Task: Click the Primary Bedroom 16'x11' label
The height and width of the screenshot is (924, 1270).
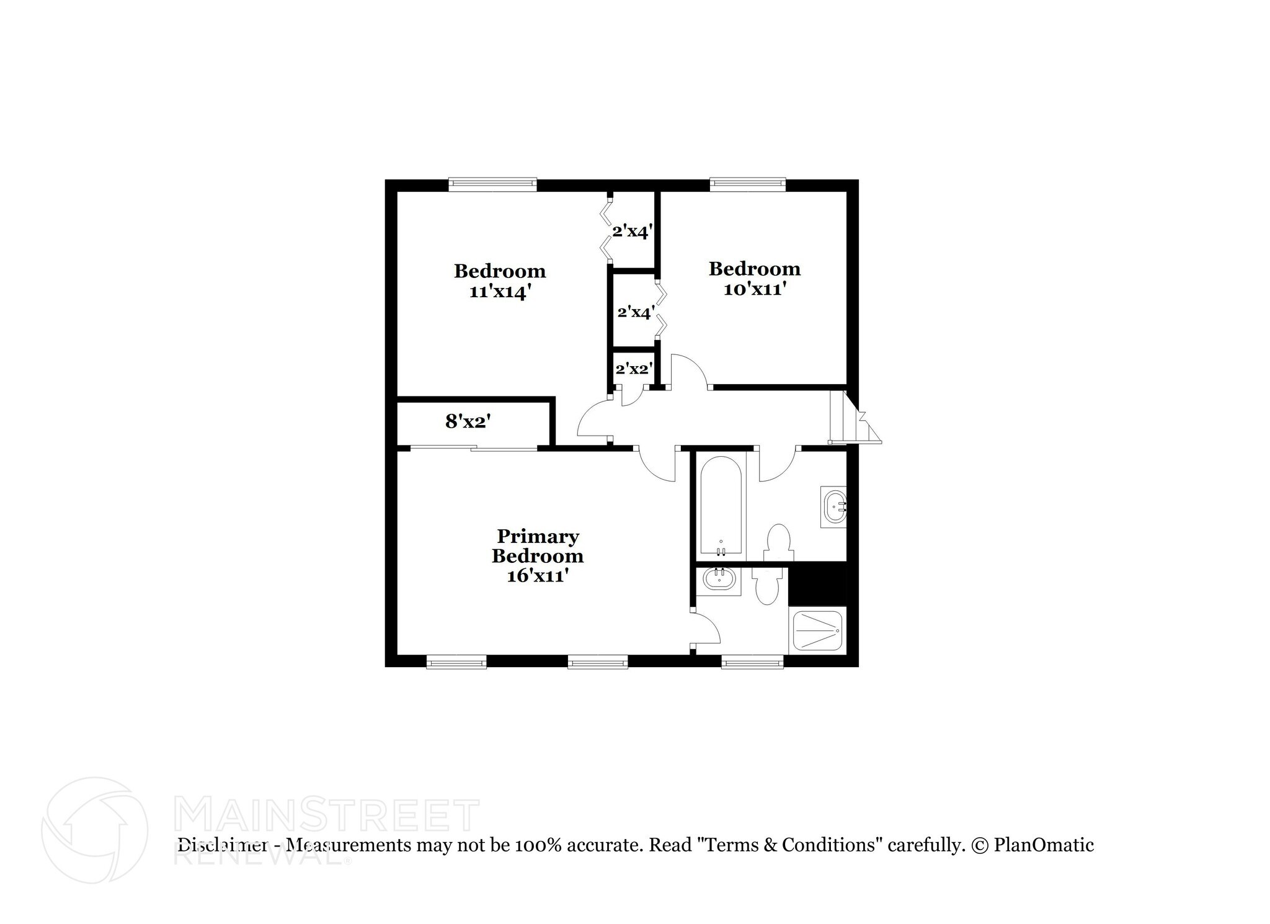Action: (537, 555)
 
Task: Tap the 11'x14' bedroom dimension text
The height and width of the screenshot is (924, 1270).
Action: (499, 292)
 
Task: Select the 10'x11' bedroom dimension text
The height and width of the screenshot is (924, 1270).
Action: (755, 289)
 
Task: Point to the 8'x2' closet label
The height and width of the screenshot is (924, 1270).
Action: (468, 422)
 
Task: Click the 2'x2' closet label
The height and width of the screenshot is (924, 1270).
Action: (633, 369)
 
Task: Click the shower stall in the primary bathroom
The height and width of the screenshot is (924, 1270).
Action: (816, 631)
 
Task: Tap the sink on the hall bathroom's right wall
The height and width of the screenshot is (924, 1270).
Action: (834, 507)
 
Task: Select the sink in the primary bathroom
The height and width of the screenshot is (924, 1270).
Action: (719, 580)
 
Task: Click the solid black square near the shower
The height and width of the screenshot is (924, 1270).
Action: (817, 583)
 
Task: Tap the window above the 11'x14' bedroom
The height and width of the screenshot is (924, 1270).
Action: (492, 183)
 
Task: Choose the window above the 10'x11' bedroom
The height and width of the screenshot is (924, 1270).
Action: (747, 183)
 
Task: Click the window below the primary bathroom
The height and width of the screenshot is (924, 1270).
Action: (752, 663)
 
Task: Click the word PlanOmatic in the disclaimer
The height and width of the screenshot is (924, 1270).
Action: (1044, 845)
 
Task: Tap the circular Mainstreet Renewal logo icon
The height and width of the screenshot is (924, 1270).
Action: (94, 830)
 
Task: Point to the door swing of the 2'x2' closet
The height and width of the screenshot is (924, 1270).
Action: (629, 397)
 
